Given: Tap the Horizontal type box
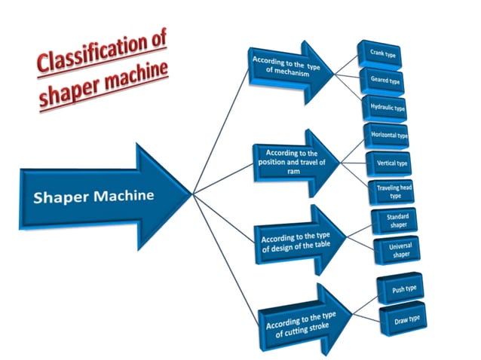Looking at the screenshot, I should pyautogui.click(x=388, y=136).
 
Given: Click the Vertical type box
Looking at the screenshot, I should pyautogui.click(x=391, y=163).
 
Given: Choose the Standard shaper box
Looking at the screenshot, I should pyautogui.click(x=397, y=221).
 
